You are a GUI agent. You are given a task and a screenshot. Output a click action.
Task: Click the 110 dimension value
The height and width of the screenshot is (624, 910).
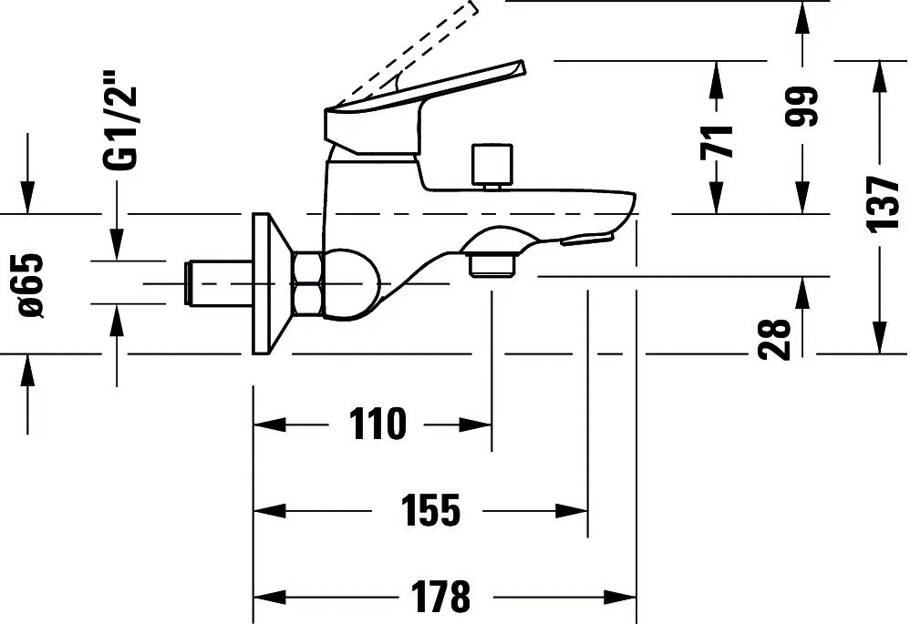[376, 424]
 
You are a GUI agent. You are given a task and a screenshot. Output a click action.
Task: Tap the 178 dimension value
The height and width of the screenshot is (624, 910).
[440, 597]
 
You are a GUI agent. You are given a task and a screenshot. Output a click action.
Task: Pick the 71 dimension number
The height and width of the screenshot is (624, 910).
[718, 141]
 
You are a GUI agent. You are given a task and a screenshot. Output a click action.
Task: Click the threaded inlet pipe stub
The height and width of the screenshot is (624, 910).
[217, 283]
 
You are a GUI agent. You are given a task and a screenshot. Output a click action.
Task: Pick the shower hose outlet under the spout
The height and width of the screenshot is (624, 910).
[491, 262]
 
